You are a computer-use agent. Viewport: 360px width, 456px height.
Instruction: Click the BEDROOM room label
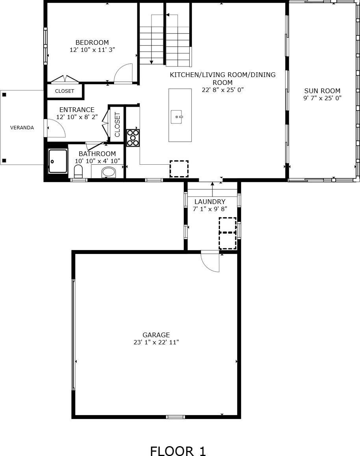[92, 42]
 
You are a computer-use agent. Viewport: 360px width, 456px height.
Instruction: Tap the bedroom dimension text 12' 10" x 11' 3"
[92, 50]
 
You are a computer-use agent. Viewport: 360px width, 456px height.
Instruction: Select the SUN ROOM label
[322, 91]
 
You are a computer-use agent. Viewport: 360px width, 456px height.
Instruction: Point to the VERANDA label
[22, 127]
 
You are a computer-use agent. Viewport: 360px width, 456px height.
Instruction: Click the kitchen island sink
[177, 117]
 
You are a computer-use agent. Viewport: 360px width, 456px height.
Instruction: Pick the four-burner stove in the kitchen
[133, 138]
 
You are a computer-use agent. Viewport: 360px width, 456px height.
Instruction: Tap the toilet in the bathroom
[78, 171]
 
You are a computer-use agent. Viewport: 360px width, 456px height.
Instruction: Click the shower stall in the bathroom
[58, 161]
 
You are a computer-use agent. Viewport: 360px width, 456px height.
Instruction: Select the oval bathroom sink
[109, 172]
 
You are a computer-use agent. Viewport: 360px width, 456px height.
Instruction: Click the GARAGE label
[156, 335]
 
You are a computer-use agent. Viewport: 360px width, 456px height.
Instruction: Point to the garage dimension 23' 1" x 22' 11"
[156, 342]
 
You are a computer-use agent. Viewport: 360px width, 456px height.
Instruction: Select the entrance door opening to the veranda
[55, 128]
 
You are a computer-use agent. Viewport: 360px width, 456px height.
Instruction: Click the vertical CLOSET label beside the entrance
[117, 125]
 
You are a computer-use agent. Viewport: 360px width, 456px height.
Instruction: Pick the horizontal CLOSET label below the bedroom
[65, 91]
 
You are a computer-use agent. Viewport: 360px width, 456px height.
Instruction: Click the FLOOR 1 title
[178, 451]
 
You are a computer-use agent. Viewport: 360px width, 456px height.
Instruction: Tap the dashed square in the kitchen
[179, 169]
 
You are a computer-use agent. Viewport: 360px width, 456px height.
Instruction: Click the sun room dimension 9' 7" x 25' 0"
[322, 98]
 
